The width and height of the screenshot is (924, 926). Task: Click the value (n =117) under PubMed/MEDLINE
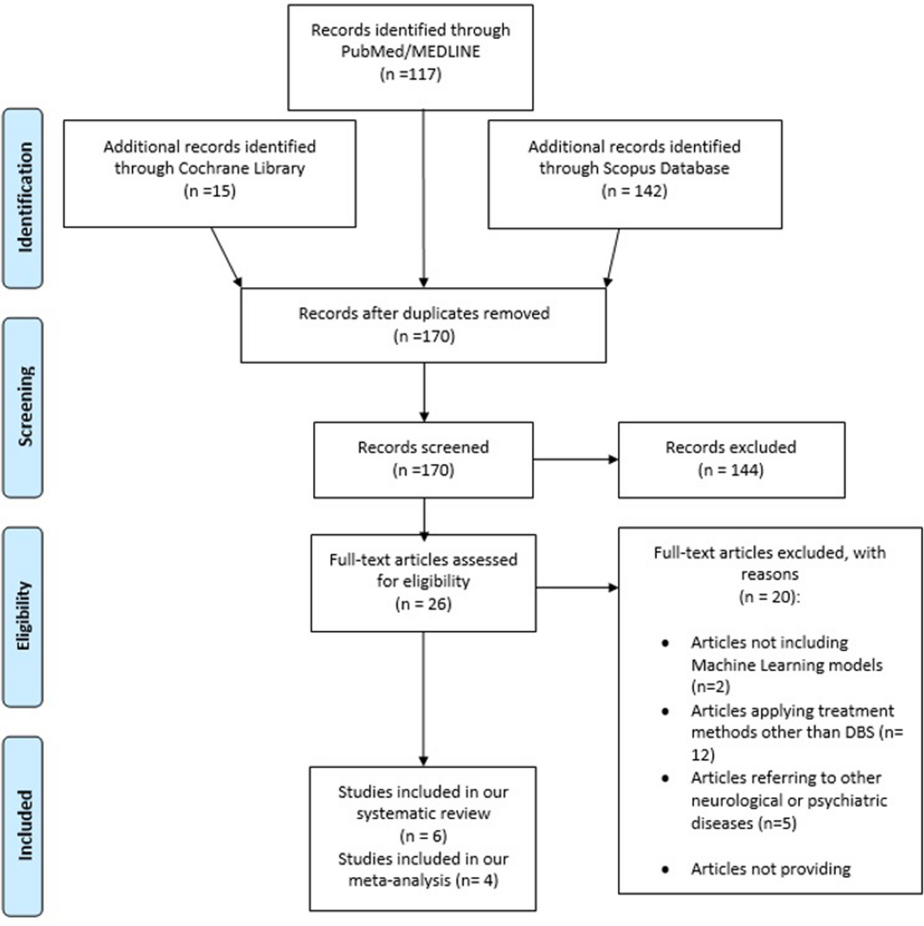(410, 74)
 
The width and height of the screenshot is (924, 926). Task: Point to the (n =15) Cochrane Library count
(209, 191)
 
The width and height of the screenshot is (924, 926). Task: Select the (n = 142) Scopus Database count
(634, 191)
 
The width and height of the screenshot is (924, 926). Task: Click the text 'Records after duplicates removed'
(424, 314)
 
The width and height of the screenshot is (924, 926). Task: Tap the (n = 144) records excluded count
(731, 470)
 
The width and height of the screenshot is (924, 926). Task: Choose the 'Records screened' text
(423, 448)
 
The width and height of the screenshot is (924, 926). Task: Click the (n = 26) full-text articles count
(423, 604)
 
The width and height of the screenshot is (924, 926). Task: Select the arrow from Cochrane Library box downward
(226, 257)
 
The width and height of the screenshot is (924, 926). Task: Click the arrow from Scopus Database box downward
(613, 257)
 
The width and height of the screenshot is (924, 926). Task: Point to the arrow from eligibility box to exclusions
(577, 587)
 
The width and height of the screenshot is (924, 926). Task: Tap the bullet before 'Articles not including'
(665, 643)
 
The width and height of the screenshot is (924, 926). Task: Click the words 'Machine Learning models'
(786, 665)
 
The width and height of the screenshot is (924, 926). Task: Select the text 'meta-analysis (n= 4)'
(423, 880)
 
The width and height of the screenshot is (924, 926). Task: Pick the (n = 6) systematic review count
(423, 836)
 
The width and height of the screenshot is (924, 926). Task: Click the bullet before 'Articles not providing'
(665, 870)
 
